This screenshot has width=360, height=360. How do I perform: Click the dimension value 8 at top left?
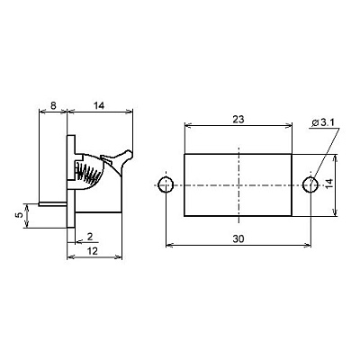pyautogui.click(x=53, y=105)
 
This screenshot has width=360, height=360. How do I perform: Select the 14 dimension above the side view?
pyautogui.click(x=98, y=105)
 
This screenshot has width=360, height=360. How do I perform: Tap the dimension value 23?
pyautogui.click(x=238, y=120)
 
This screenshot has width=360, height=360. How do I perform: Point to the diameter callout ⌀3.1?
pyautogui.click(x=325, y=122)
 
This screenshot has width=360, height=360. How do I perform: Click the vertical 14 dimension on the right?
pyautogui.click(x=329, y=184)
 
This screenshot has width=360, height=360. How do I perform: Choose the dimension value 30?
pyautogui.click(x=238, y=239)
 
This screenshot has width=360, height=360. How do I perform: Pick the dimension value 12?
pyautogui.click(x=93, y=251)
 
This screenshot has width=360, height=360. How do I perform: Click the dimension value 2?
pyautogui.click(x=90, y=237)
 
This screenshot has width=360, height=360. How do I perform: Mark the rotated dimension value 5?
pyautogui.click(x=19, y=215)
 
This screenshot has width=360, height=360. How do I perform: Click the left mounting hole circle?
pyautogui.click(x=166, y=184)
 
